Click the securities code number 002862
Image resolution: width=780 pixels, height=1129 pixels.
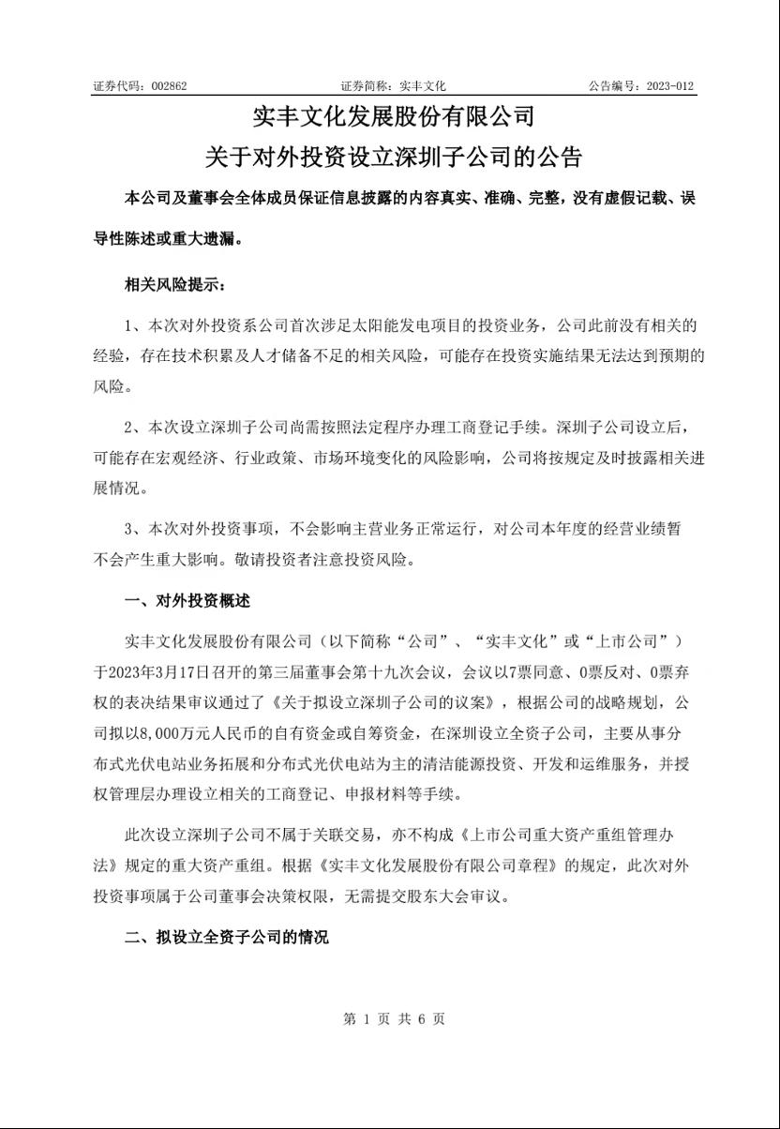(169, 85)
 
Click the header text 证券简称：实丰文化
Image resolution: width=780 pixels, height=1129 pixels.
(393, 85)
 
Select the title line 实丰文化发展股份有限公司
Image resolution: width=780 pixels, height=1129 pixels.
(394, 117)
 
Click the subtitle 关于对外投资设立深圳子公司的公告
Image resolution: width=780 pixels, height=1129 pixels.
(394, 155)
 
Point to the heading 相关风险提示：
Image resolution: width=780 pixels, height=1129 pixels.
(174, 285)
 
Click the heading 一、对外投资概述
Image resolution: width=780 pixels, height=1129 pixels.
(187, 600)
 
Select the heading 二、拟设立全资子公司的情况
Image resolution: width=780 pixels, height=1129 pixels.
(227, 937)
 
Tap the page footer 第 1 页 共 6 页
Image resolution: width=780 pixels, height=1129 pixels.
(394, 1018)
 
